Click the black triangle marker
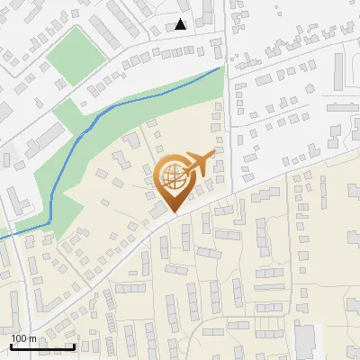(182, 24)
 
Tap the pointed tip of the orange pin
(171, 212)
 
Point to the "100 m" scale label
(23, 337)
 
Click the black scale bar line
(41, 346)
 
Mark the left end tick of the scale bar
(10, 345)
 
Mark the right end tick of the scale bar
(74, 345)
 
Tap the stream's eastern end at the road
(220, 67)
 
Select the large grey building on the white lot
(304, 341)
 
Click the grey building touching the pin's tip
(159, 211)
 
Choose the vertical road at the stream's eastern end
(226, 108)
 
